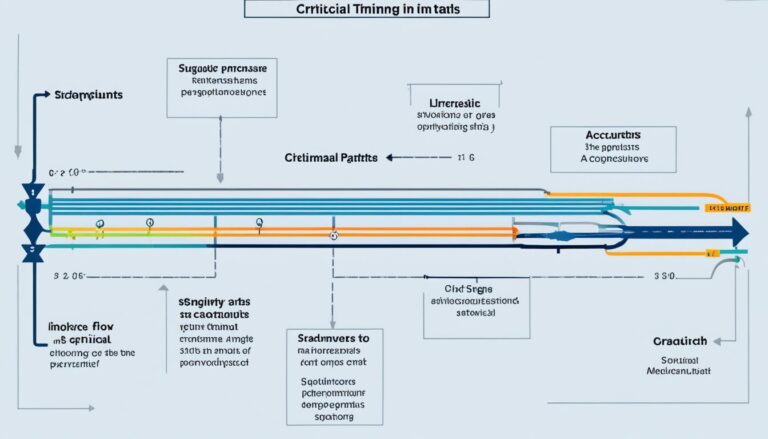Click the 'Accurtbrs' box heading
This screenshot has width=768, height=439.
click(x=613, y=132)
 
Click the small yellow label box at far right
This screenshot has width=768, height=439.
click(x=727, y=208)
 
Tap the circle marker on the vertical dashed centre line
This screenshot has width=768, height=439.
click(x=334, y=236)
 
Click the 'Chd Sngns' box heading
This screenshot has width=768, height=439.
click(x=476, y=286)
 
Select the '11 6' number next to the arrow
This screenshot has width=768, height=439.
click(x=465, y=157)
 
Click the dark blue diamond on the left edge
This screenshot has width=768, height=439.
click(x=33, y=229)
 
